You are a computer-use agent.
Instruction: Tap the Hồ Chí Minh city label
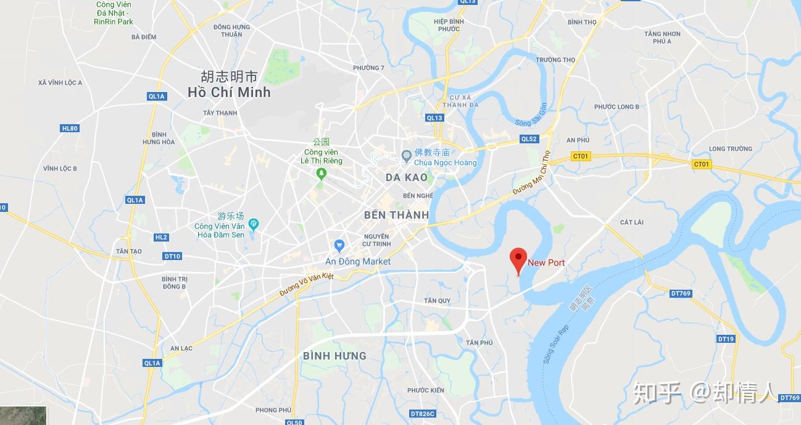tap(230, 93)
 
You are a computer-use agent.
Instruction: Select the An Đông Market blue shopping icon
tap(338, 245)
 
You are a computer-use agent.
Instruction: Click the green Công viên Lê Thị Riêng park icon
tap(321, 174)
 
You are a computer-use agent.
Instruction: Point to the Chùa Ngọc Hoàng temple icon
tap(406, 154)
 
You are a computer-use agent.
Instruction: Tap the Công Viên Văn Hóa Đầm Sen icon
tap(253, 222)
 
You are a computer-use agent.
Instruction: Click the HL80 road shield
tap(70, 128)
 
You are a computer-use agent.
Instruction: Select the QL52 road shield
tap(529, 139)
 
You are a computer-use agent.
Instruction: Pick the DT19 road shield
tap(726, 339)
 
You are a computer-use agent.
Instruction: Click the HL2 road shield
tap(161, 237)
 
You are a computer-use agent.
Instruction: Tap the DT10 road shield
tap(172, 256)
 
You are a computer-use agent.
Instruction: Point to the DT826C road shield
tap(423, 413)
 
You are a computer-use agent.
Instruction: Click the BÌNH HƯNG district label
tap(334, 356)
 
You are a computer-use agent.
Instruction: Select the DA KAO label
tap(406, 177)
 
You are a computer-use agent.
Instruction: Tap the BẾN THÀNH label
tap(396, 216)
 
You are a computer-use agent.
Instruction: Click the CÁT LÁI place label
tap(632, 222)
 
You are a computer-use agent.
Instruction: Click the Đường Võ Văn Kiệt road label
tap(306, 285)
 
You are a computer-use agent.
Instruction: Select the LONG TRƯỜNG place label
tap(731, 149)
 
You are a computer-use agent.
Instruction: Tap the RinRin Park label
tap(114, 22)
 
